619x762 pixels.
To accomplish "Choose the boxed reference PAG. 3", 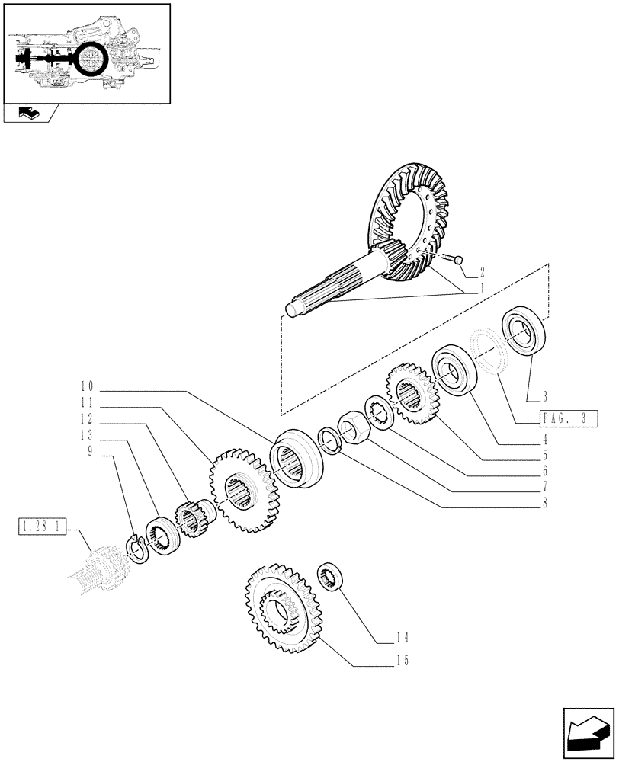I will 568,418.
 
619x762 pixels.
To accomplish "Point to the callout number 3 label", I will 545,395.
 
